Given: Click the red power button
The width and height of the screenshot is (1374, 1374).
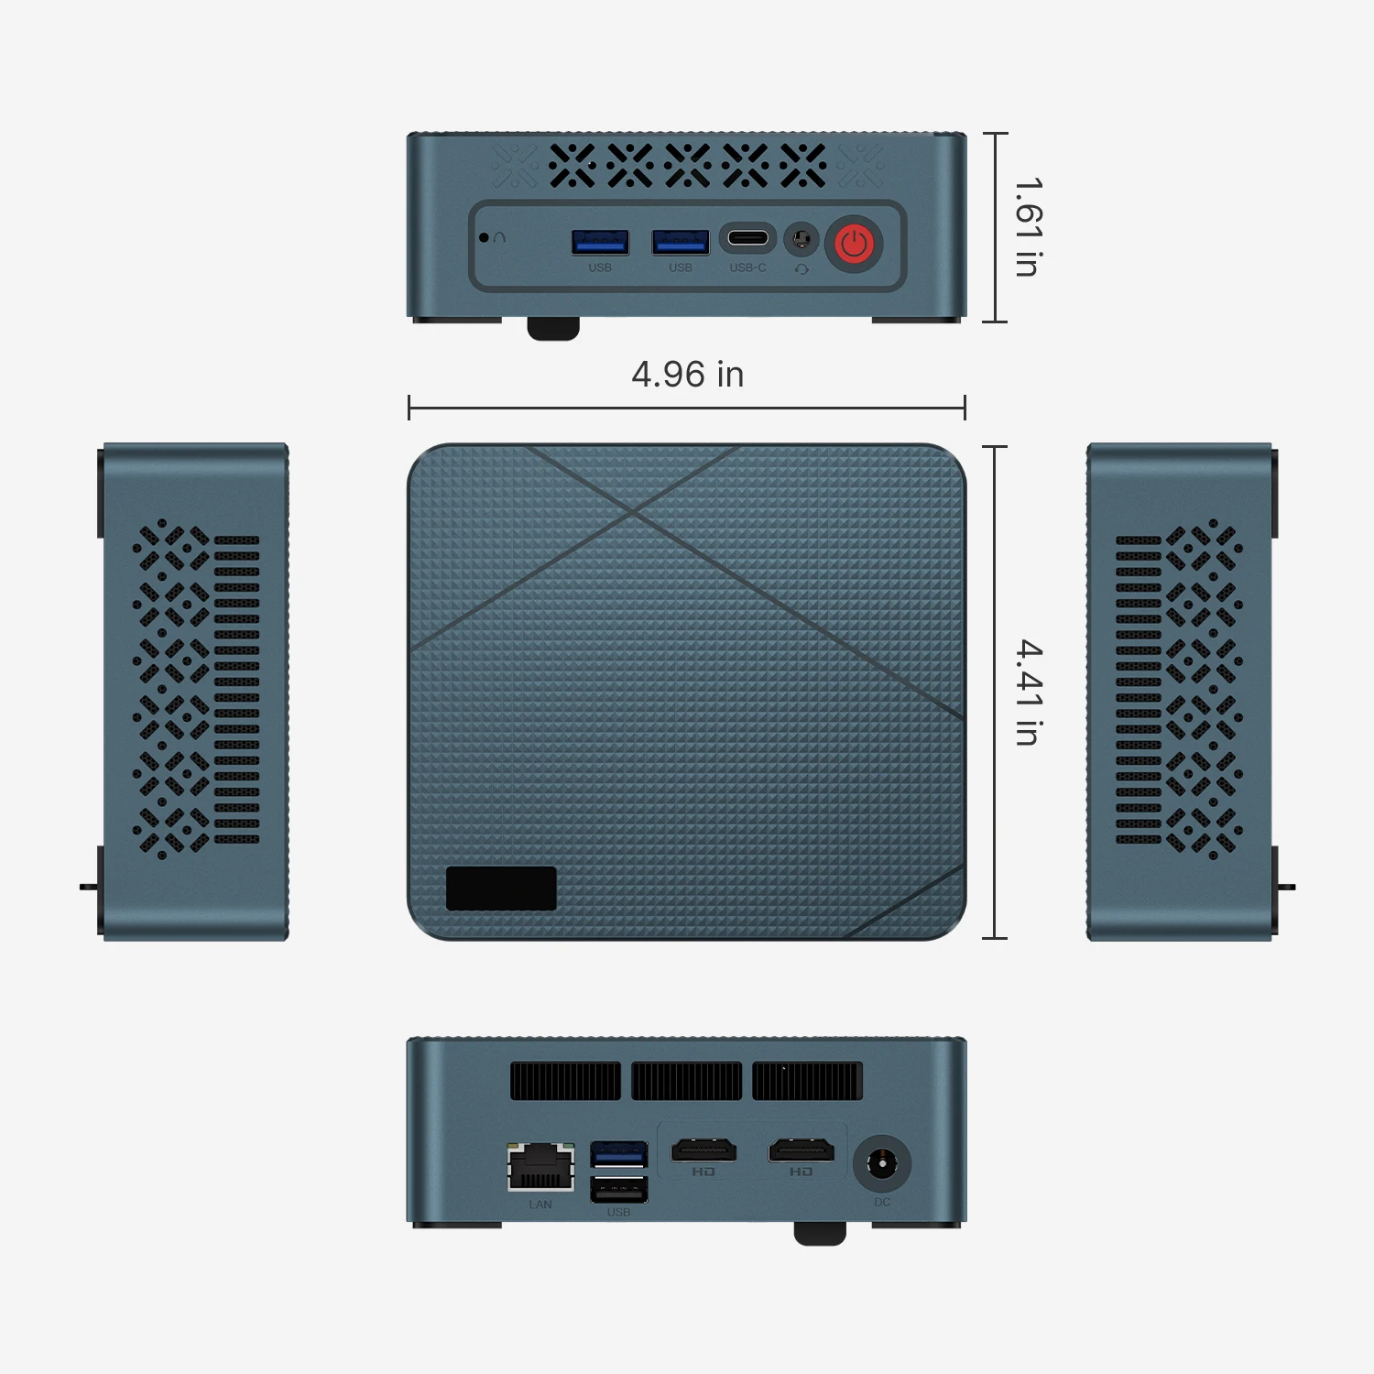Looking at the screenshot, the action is [x=854, y=244].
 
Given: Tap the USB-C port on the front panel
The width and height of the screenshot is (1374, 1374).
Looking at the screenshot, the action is [x=747, y=239].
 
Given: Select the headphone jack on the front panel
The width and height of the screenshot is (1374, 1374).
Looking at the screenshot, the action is [x=801, y=240].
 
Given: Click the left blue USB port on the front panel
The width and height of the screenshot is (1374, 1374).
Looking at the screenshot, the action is [x=600, y=242].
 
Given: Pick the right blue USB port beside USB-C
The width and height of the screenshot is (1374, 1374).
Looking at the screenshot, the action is [x=680, y=242].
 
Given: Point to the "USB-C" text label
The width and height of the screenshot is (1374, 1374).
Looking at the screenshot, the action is [x=747, y=267].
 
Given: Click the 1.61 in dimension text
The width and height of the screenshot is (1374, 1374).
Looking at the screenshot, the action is [x=1028, y=227].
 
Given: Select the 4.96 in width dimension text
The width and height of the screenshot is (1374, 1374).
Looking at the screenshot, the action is [x=687, y=374].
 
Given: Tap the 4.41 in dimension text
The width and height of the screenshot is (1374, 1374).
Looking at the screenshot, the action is [x=1029, y=692].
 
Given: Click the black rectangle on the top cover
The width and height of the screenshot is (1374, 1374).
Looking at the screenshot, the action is [x=501, y=888].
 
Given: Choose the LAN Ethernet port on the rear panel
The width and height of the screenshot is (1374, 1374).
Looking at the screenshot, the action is [x=540, y=1167].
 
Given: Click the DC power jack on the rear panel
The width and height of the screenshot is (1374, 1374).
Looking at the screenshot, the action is [x=882, y=1164].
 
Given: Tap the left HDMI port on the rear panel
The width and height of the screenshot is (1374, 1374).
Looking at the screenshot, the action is [x=703, y=1150].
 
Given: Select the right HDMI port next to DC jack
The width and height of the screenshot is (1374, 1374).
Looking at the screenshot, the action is [x=801, y=1150].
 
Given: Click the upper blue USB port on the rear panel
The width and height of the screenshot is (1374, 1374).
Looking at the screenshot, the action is [x=618, y=1153].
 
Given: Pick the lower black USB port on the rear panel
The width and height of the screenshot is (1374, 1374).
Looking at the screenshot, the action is [x=618, y=1190].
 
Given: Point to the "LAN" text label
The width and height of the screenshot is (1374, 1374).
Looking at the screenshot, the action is [x=540, y=1205].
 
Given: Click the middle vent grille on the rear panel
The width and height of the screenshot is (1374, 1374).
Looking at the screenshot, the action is [x=686, y=1081].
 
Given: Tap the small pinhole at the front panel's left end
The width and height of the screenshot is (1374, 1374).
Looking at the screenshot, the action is [x=484, y=237].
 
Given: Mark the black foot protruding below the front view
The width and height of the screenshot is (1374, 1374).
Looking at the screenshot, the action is [x=553, y=329].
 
